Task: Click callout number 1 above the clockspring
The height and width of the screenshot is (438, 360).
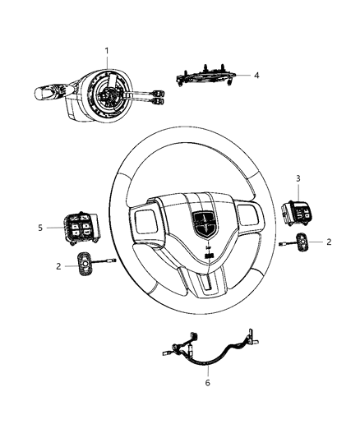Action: point(107,51)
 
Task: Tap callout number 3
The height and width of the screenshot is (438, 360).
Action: point(298,201)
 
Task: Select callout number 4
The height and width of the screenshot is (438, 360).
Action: point(256,75)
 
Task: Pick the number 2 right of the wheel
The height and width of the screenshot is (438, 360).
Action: point(329,242)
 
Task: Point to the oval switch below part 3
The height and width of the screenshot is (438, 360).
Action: point(302,242)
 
